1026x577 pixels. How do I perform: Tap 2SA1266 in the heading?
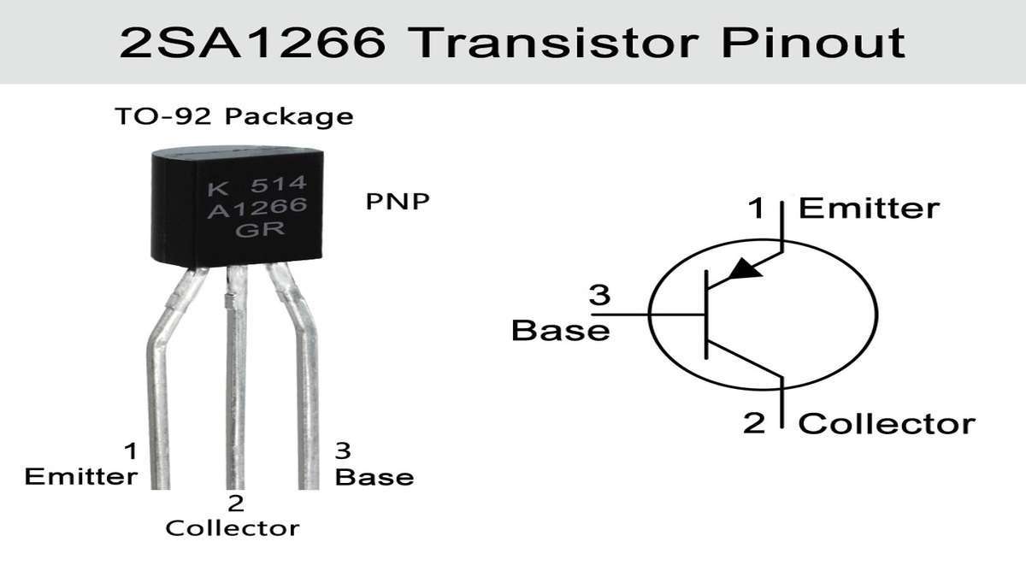252,43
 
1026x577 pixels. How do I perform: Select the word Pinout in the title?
813,43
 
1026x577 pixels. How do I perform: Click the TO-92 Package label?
234,116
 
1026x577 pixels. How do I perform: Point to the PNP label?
398,202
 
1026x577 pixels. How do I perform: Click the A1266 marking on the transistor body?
257,208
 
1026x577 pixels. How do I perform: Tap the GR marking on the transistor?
260,229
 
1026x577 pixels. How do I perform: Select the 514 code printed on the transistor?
278,184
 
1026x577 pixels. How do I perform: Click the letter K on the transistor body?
217,189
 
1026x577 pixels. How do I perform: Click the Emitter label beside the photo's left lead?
81,477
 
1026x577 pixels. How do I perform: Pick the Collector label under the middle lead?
233,528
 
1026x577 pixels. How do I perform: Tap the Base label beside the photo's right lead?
374,477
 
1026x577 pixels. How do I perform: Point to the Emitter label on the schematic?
869,209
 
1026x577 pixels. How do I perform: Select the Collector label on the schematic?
887,424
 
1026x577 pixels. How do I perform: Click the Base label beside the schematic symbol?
561,330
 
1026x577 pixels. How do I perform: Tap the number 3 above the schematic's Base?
599,296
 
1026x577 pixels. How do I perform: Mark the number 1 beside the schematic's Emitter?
756,208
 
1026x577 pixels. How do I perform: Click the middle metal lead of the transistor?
236,377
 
